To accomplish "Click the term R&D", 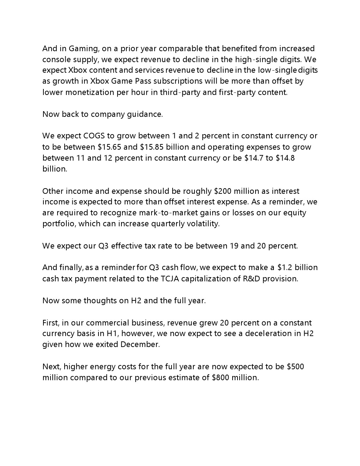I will (x=253, y=279).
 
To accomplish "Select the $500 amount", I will (x=295, y=366).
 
